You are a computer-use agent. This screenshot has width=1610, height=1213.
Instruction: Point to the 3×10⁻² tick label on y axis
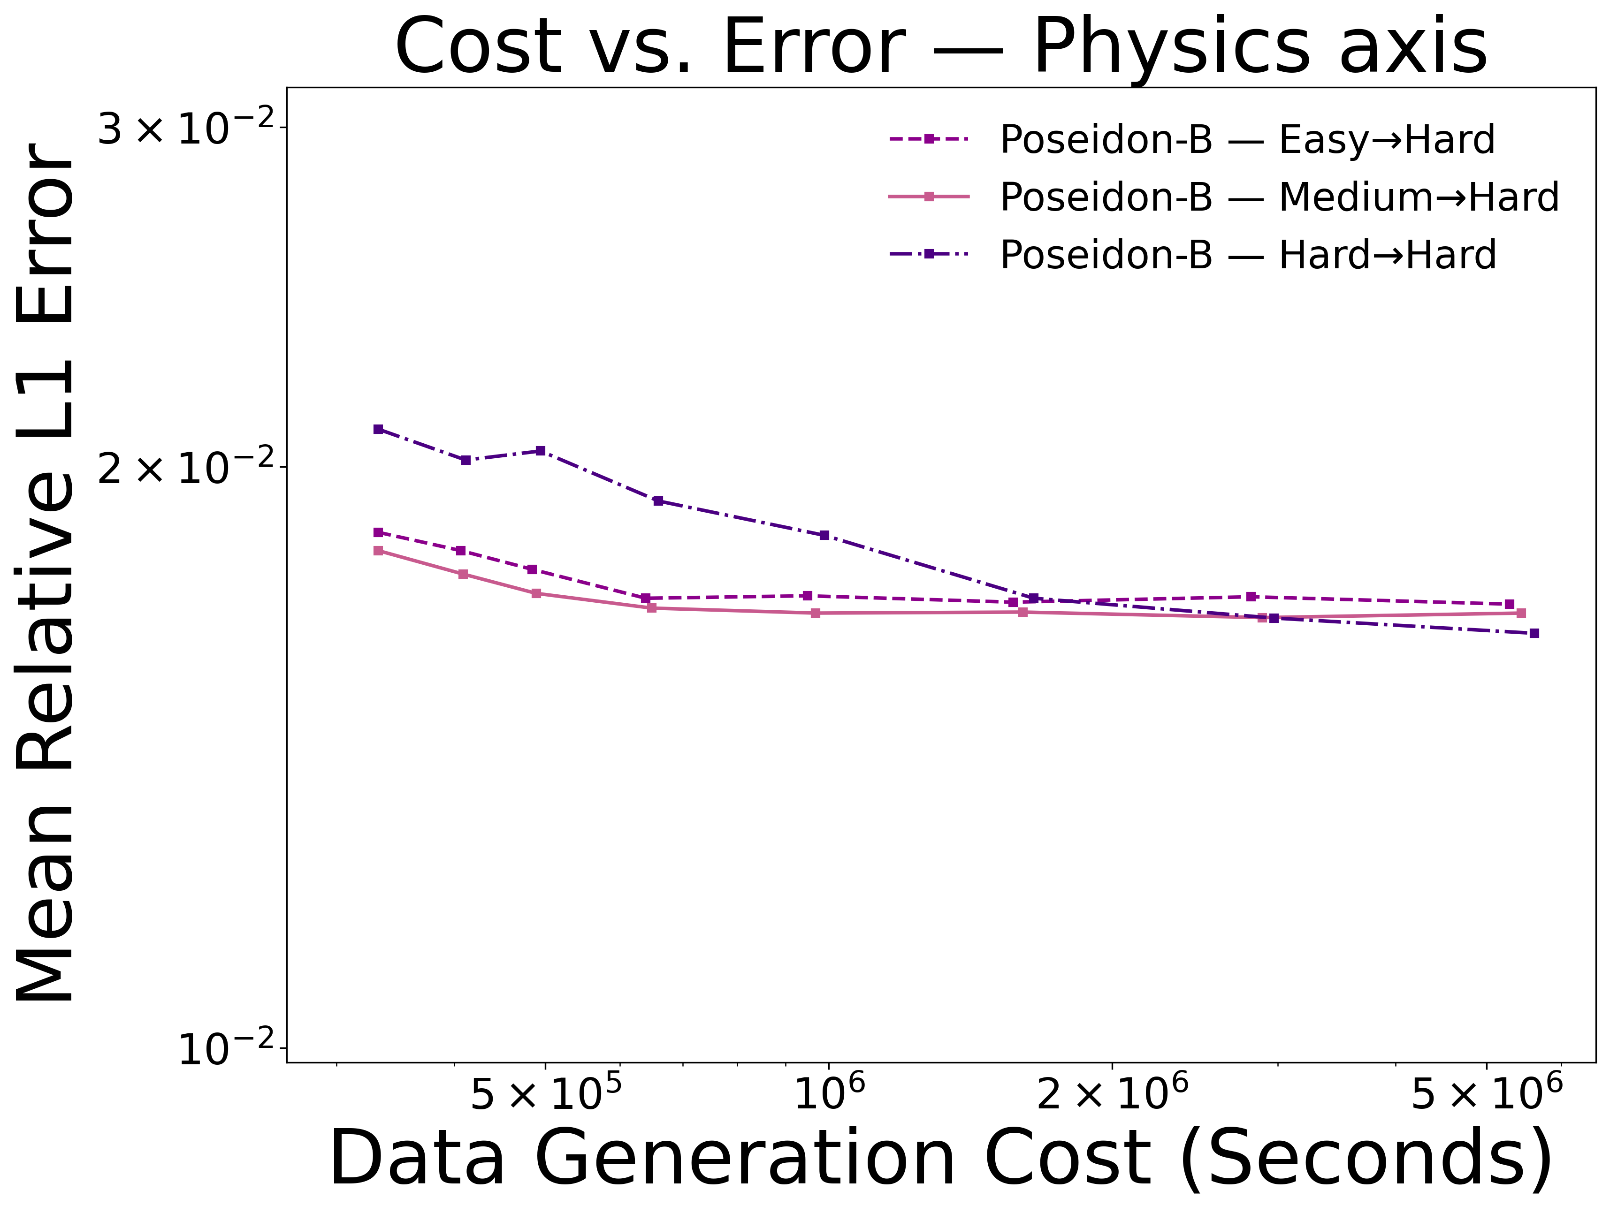coord(186,129)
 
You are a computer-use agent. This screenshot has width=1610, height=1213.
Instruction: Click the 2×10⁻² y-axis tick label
coord(186,468)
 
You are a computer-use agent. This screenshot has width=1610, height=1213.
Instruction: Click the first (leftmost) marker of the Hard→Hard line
coord(378,429)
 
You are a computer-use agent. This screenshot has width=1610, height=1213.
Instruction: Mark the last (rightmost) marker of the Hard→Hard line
coord(1534,633)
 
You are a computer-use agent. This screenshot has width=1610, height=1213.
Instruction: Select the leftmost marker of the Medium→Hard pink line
coord(378,551)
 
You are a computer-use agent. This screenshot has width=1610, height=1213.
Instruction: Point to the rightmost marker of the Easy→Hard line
coord(1510,604)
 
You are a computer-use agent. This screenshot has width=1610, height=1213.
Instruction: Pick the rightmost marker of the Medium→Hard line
coord(1520,613)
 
